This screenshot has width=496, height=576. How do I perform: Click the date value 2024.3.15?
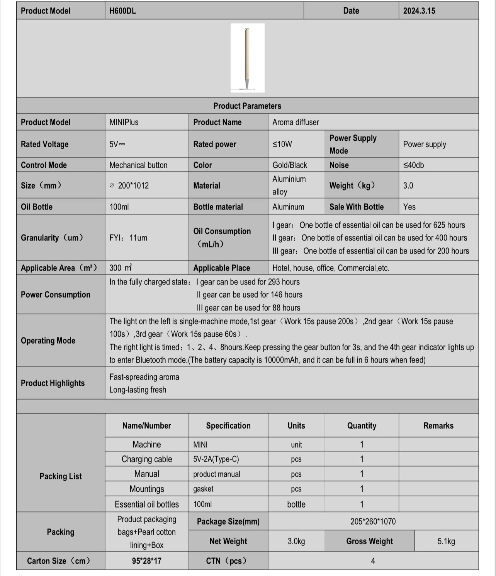419,11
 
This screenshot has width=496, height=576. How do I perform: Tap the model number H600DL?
122,11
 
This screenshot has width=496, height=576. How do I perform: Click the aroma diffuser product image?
247,58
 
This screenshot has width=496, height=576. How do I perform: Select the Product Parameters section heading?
247,106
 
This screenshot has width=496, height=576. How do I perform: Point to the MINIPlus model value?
124,122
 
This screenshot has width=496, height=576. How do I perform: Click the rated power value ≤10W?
282,144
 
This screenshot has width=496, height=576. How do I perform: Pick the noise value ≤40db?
413,165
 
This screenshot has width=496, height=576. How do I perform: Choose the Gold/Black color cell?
290,165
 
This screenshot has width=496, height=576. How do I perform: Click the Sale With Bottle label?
356,207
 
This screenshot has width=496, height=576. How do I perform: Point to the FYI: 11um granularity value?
128,238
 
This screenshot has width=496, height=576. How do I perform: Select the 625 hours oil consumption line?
369,225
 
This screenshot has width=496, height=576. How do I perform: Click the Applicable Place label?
221,268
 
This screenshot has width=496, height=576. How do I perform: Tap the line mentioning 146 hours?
249,295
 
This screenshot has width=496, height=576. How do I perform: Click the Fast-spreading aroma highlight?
144,377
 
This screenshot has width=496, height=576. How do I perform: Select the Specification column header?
228,426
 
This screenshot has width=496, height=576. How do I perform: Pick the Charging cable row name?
147,459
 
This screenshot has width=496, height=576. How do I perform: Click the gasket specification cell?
203,489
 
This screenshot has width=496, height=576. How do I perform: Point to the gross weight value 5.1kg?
446,541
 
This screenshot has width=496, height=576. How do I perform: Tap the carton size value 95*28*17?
147,561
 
